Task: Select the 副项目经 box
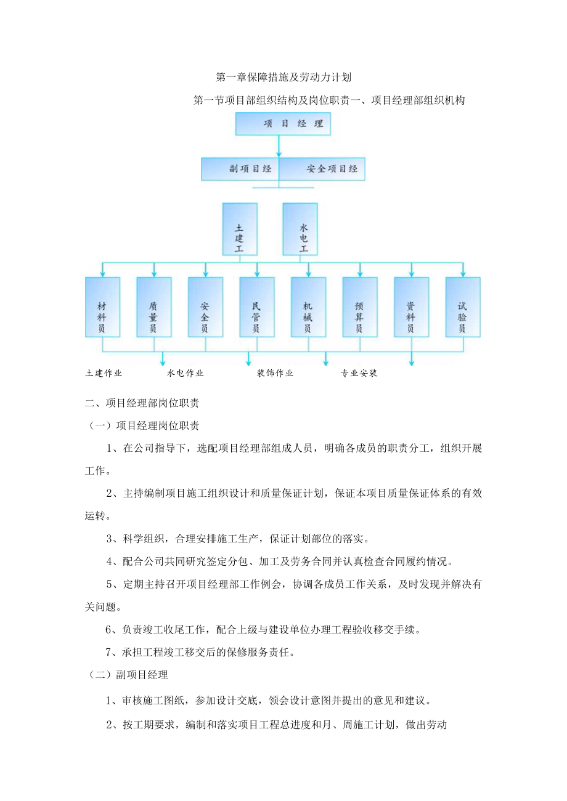click(240, 169)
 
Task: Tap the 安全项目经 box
click(322, 169)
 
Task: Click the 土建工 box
click(240, 229)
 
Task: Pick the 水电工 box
click(300, 229)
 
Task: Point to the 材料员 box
click(102, 307)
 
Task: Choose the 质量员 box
click(154, 307)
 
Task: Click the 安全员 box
click(205, 307)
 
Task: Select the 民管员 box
click(257, 307)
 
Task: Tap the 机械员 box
click(308, 307)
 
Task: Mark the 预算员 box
click(360, 307)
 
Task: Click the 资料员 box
click(411, 307)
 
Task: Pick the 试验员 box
click(463, 307)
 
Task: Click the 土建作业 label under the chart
click(104, 373)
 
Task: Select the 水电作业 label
click(186, 373)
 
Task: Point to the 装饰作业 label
click(275, 373)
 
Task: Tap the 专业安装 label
click(359, 373)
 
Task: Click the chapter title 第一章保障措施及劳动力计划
click(283, 78)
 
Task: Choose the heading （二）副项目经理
click(127, 675)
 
